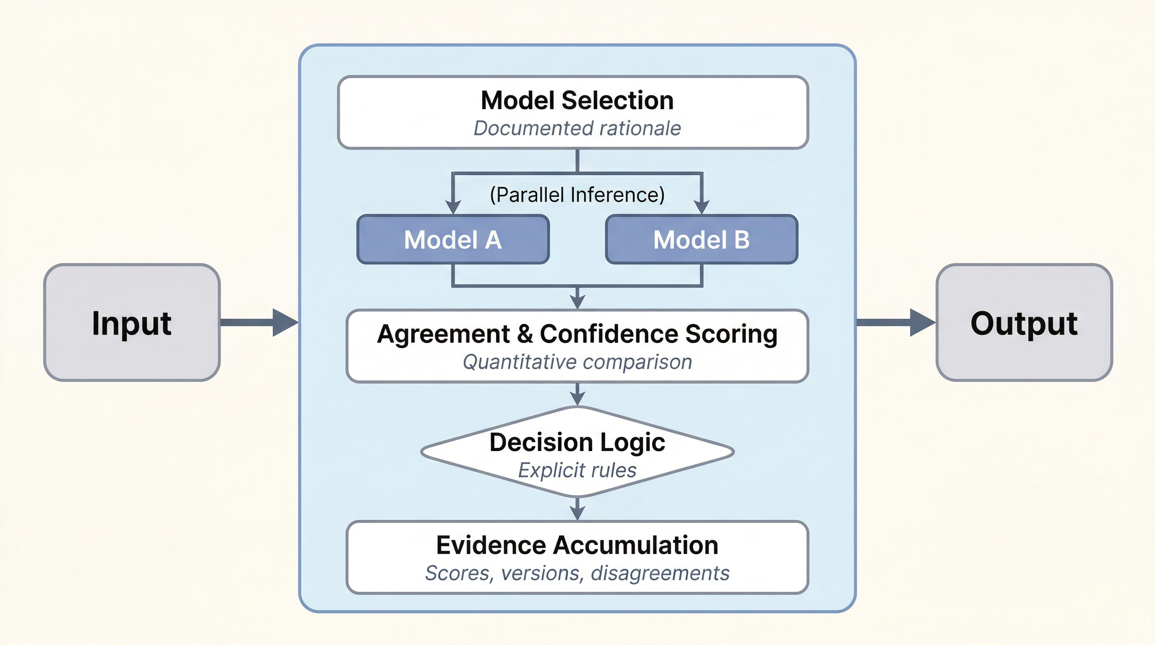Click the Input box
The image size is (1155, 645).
tap(131, 322)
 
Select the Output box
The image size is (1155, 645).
tap(1024, 322)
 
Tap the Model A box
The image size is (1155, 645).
tap(453, 239)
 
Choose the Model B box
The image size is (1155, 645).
tap(701, 239)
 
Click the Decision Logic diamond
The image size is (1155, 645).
tap(577, 452)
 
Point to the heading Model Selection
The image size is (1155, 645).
tap(577, 100)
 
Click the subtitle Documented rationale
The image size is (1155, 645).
tap(577, 128)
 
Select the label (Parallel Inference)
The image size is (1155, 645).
tap(577, 195)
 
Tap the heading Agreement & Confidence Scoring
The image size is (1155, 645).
tap(577, 334)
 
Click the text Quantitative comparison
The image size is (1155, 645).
tap(577, 362)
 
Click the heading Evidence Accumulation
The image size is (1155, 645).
tap(577, 545)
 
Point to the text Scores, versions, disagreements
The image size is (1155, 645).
tap(577, 573)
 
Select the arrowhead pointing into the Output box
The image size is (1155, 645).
tap(922, 322)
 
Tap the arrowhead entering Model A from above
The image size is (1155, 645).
tap(453, 207)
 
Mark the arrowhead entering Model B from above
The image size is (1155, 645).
tap(701, 207)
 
